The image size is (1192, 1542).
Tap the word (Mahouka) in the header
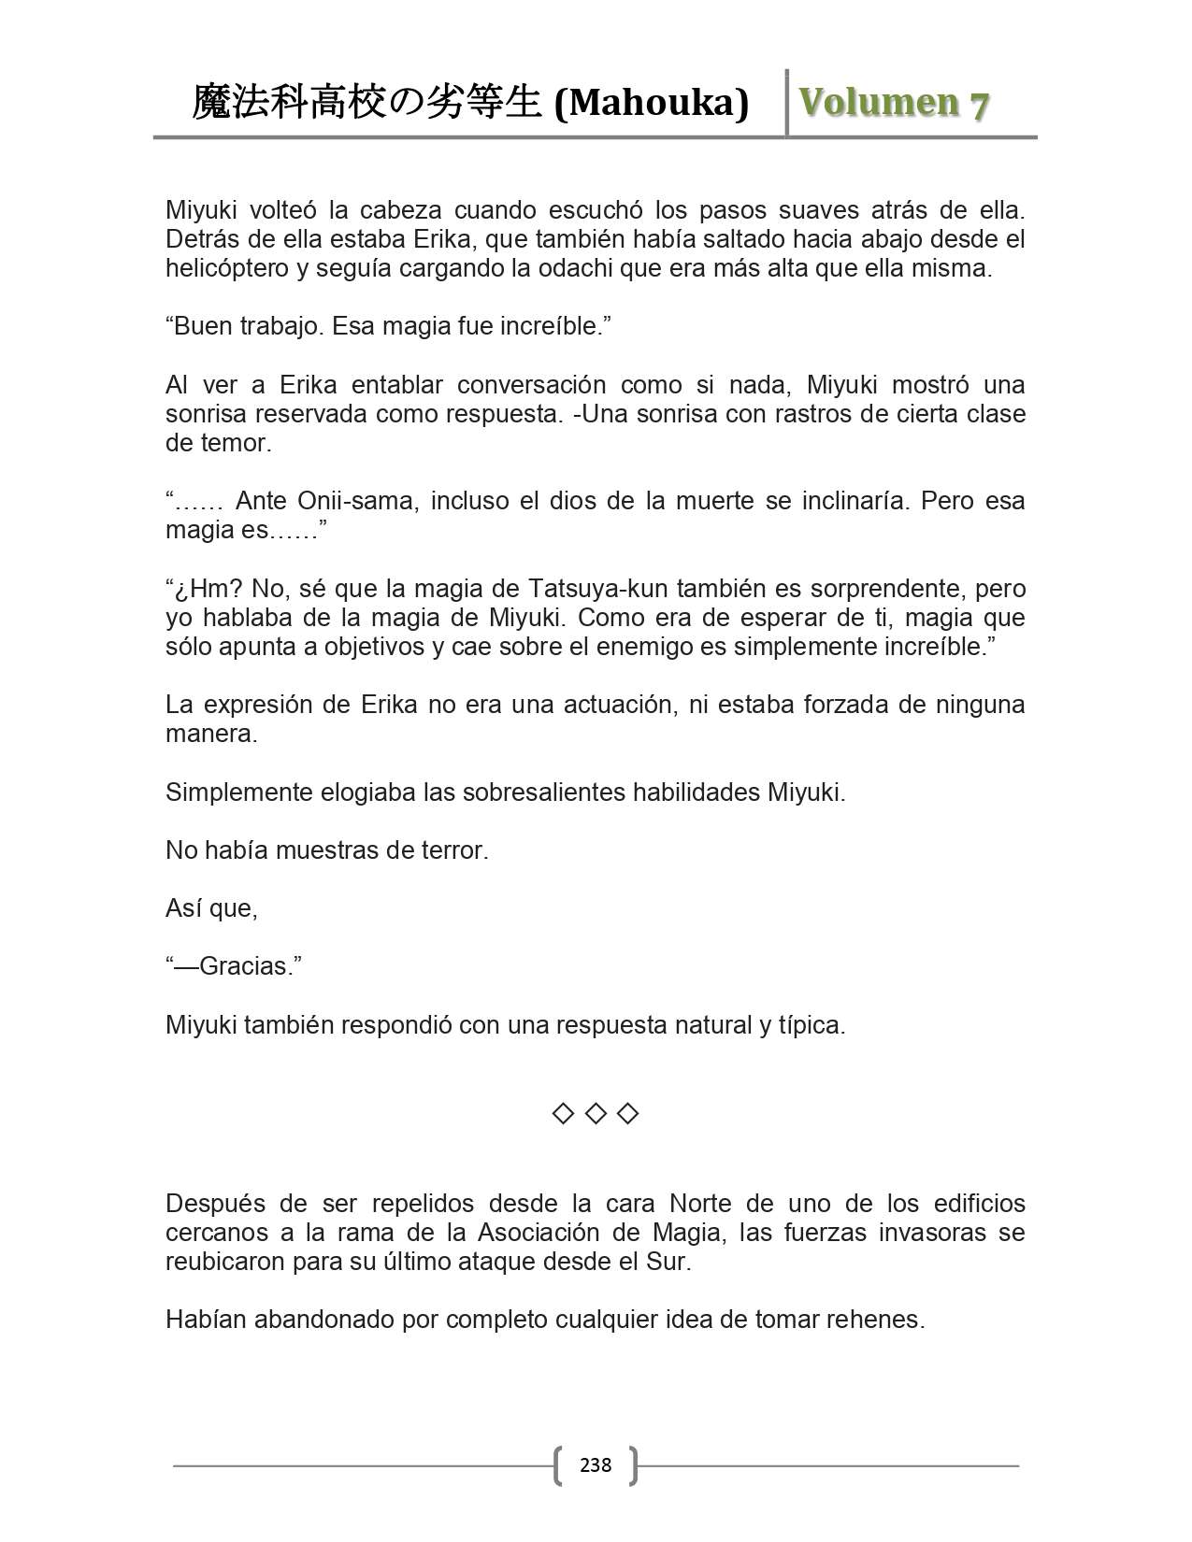[x=652, y=103]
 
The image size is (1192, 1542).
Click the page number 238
[x=596, y=1465]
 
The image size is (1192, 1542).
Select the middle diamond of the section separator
[x=596, y=1113]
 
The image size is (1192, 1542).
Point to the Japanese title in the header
[x=366, y=103]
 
